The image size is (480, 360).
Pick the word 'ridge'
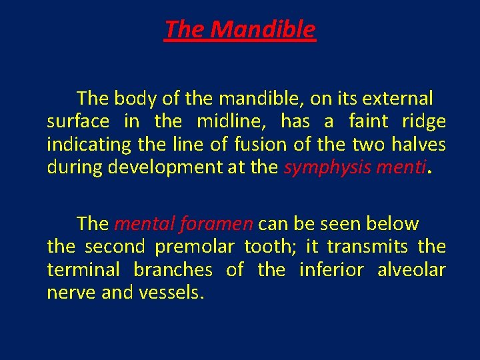(x=424, y=121)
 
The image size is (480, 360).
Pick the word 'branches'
(x=173, y=269)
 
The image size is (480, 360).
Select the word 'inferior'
(x=331, y=269)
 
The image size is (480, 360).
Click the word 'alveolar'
(x=411, y=269)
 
